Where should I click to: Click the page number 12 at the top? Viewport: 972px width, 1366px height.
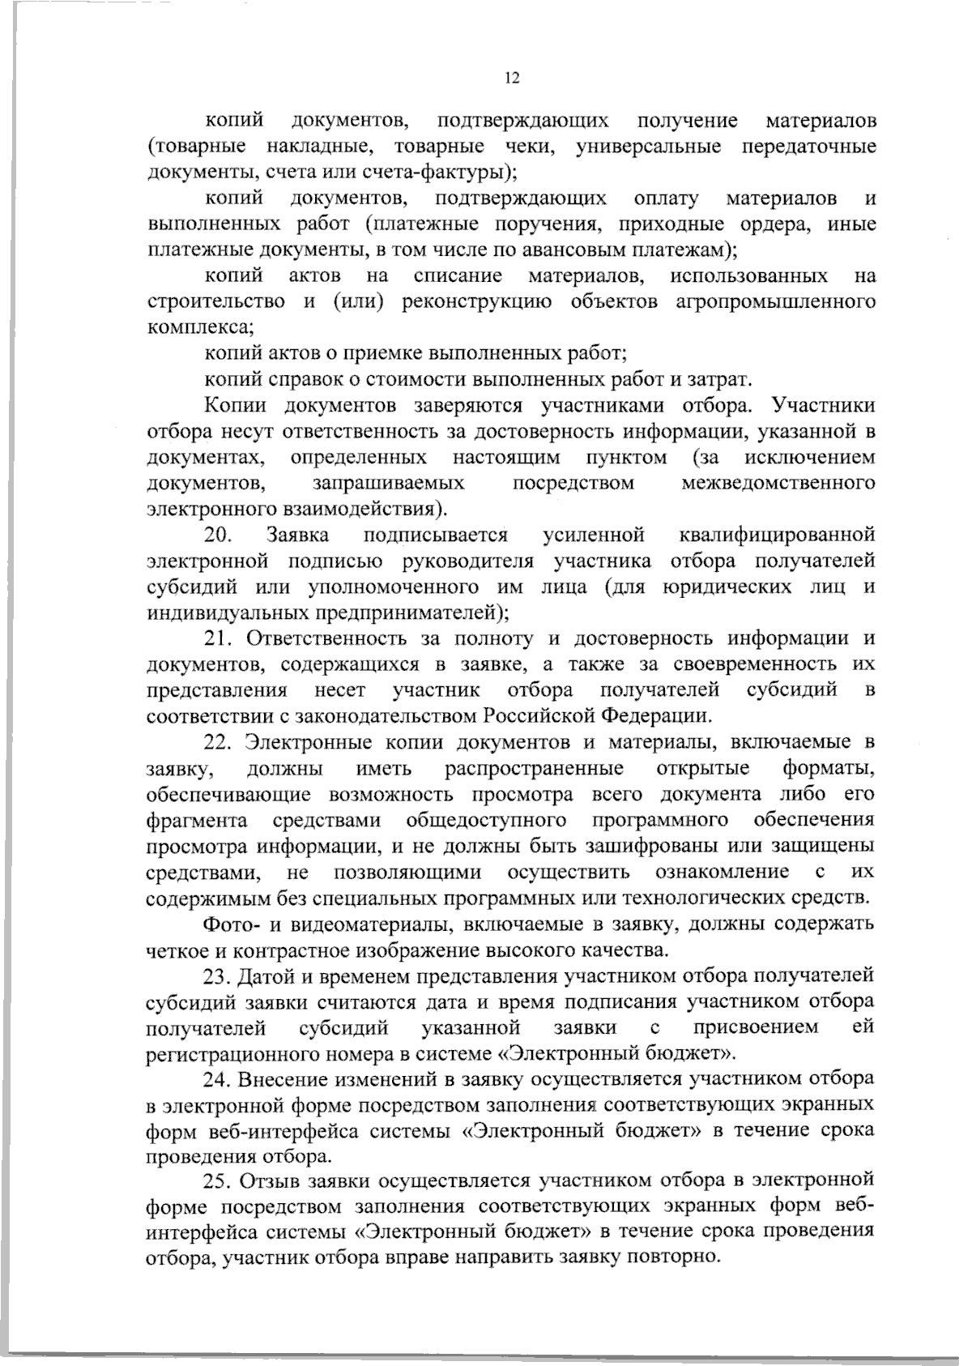pyautogui.click(x=511, y=78)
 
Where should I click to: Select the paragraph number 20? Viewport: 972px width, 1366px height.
pyautogui.click(x=219, y=535)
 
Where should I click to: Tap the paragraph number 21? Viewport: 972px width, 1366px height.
pyautogui.click(x=219, y=638)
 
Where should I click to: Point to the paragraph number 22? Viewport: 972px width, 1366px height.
pyautogui.click(x=220, y=742)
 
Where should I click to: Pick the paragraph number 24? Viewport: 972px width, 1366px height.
pyautogui.click(x=220, y=1079)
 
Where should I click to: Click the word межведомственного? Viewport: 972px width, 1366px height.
pyautogui.click(x=778, y=484)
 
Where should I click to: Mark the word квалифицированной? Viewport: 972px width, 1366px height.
pyautogui.click(x=774, y=535)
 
